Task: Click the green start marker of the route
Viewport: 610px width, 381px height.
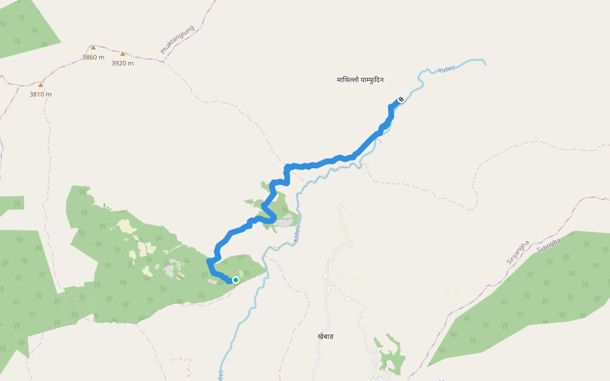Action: click(x=236, y=280)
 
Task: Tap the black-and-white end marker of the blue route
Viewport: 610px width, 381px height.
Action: click(x=401, y=99)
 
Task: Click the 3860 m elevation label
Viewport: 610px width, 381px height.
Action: click(x=93, y=57)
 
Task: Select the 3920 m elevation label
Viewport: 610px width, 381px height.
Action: click(x=123, y=63)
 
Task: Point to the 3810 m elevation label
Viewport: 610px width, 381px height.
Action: click(x=41, y=94)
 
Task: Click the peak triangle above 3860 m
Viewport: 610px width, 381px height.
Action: click(x=93, y=48)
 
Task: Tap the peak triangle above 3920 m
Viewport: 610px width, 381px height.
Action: click(x=123, y=54)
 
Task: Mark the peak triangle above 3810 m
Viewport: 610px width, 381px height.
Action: click(x=41, y=84)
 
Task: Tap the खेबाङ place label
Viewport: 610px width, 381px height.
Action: click(x=325, y=336)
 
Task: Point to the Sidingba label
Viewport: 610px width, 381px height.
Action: click(x=548, y=246)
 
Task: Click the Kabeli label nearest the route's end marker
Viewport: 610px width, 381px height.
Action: click(x=447, y=68)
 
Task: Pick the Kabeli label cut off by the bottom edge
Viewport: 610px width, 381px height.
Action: click(x=220, y=375)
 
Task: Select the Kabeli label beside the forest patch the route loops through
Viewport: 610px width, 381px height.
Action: click(x=297, y=234)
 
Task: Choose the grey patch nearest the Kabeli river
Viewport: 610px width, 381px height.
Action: click(x=287, y=220)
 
